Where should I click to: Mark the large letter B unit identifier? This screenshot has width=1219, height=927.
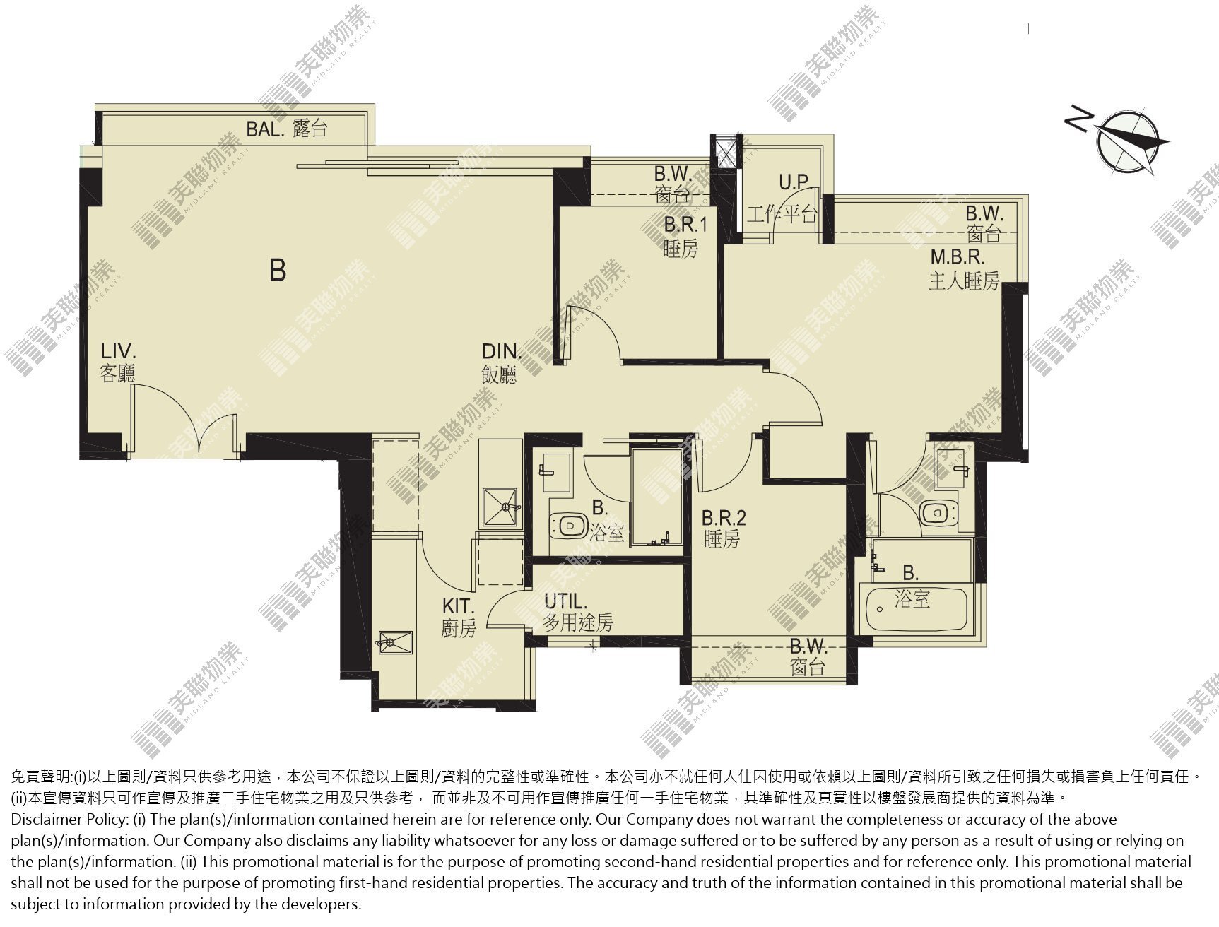tap(278, 270)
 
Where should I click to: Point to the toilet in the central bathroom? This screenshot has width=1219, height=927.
tap(570, 526)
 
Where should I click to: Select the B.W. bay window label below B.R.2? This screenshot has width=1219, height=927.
tap(808, 656)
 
